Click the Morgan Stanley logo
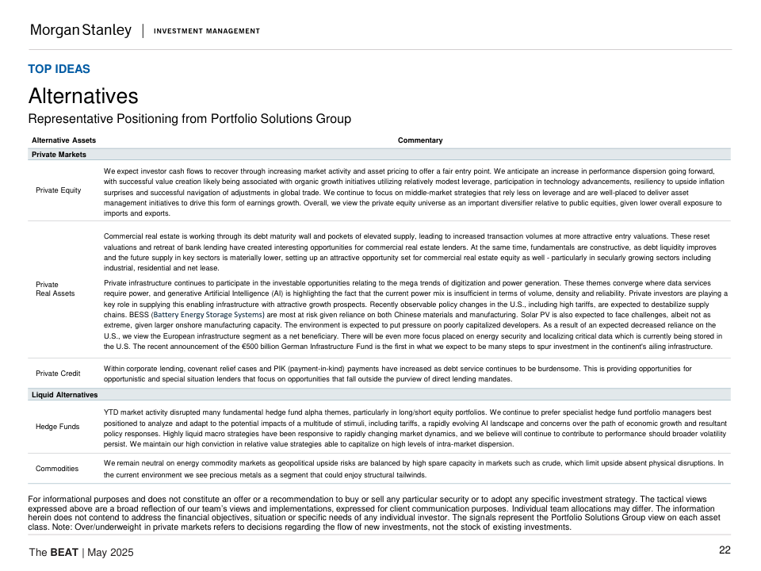pyautogui.click(x=80, y=31)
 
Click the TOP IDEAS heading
pyautogui.click(x=59, y=69)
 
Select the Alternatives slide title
pyautogui.click(x=83, y=96)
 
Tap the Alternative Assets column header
pyautogui.click(x=63, y=140)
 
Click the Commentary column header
pyautogui.click(x=420, y=140)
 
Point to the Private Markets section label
pyautogui.click(x=59, y=155)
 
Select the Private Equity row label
pyautogui.click(x=59, y=190)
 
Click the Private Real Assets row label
pyautogui.click(x=55, y=289)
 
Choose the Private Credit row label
pyautogui.click(x=58, y=374)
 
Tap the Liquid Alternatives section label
pyautogui.click(x=64, y=394)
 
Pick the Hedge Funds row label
pyautogui.click(x=58, y=427)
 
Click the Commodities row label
pyautogui.click(x=57, y=469)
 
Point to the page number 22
pyautogui.click(x=725, y=550)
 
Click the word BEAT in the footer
pyautogui.click(x=64, y=552)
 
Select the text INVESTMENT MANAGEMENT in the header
pyautogui.click(x=206, y=32)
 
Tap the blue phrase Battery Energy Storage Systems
pyautogui.click(x=207, y=315)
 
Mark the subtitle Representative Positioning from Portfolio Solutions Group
pyautogui.click(x=189, y=119)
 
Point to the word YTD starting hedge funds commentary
pyautogui.click(x=111, y=413)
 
